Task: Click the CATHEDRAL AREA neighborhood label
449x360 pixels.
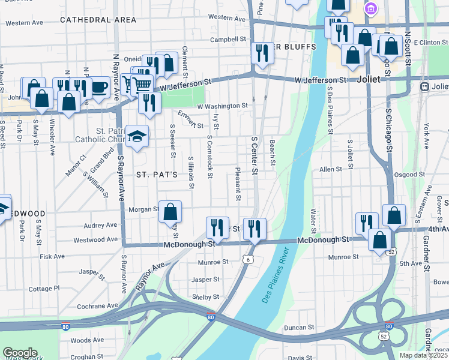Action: pos(98,20)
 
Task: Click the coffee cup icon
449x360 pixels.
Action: pos(100,88)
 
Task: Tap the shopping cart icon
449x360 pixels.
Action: pos(142,85)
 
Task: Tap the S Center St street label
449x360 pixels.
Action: pos(255,156)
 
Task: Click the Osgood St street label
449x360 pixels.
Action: pos(409,175)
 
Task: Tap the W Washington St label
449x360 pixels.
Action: pos(222,106)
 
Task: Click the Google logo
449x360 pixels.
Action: pos(20,353)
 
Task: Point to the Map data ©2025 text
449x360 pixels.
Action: pos(424,355)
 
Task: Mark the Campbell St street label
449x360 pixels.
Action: pos(225,40)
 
